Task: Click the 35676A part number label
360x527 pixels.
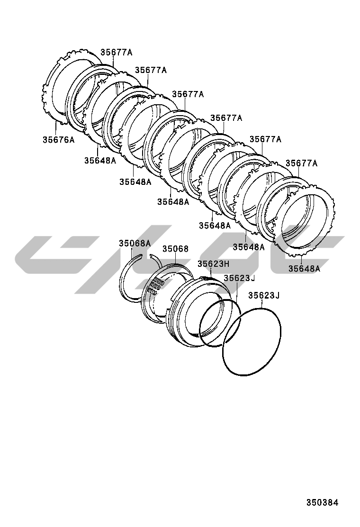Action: (58, 139)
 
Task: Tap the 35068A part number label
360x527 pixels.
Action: (135, 243)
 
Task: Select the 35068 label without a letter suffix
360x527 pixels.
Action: (176, 249)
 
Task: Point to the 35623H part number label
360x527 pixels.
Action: (213, 264)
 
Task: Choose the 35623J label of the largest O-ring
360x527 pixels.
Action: (264, 295)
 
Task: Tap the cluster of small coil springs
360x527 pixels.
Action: (155, 286)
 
